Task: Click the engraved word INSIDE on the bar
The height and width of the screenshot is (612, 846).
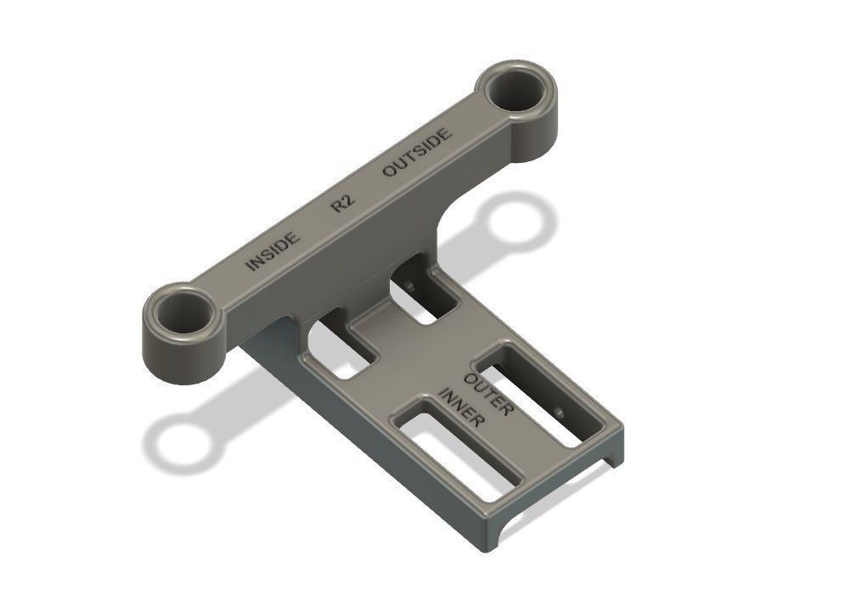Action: click(x=273, y=251)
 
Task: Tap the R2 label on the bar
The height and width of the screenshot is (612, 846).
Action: click(x=342, y=204)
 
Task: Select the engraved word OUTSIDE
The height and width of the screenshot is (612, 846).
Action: click(x=416, y=154)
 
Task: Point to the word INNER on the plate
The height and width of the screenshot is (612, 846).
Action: click(x=462, y=408)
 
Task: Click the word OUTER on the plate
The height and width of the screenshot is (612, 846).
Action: click(x=488, y=392)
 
